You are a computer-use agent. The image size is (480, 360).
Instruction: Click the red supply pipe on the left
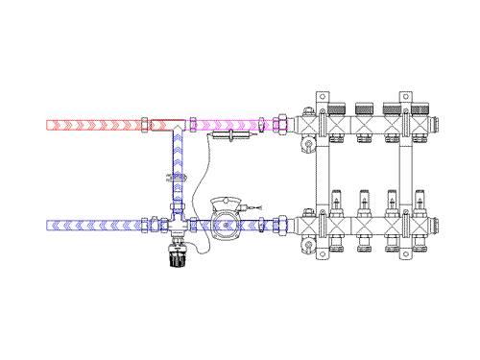(x=91, y=125)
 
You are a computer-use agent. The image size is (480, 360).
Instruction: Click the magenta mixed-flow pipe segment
(x=230, y=125)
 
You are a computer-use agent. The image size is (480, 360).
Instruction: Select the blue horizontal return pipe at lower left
(x=91, y=228)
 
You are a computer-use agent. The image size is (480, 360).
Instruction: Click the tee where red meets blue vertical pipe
(x=173, y=126)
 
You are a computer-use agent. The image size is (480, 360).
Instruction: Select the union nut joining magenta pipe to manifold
(x=283, y=125)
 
